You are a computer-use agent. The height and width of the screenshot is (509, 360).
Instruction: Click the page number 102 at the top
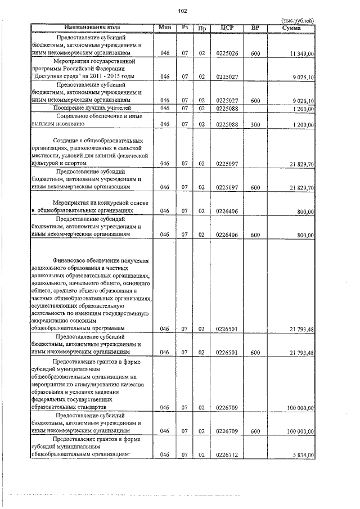pos(182,11)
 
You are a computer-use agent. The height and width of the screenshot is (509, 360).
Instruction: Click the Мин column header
pos(165,27)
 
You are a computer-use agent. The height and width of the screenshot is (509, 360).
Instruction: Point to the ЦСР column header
pos(227,27)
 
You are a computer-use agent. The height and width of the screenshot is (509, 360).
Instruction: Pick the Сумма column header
pos(292,27)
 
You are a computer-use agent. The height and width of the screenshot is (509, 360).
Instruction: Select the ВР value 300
pos(255,124)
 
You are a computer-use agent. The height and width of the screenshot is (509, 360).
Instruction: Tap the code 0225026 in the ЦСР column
pos(227,53)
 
